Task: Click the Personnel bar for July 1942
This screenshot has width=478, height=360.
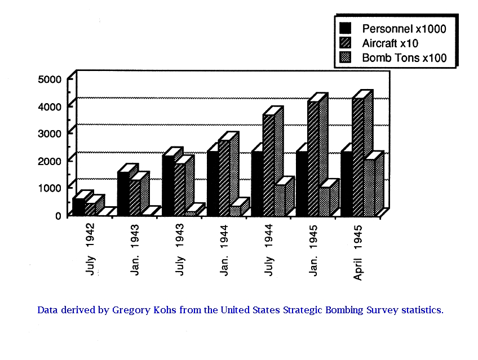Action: click(78, 207)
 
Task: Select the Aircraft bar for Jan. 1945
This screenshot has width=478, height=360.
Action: click(313, 158)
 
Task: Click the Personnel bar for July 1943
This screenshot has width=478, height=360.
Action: click(167, 185)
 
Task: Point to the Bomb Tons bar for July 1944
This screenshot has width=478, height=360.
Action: click(280, 200)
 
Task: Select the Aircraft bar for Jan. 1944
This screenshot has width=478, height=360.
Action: click(224, 177)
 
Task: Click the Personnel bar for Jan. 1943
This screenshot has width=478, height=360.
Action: click(123, 193)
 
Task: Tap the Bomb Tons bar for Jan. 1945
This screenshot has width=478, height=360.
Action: click(324, 201)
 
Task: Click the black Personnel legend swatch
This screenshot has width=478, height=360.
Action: click(346, 28)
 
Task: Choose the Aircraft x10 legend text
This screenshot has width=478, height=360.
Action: click(390, 43)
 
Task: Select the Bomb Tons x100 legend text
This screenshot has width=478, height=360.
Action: click(404, 57)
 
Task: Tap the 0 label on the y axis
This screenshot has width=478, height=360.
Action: click(58, 215)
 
